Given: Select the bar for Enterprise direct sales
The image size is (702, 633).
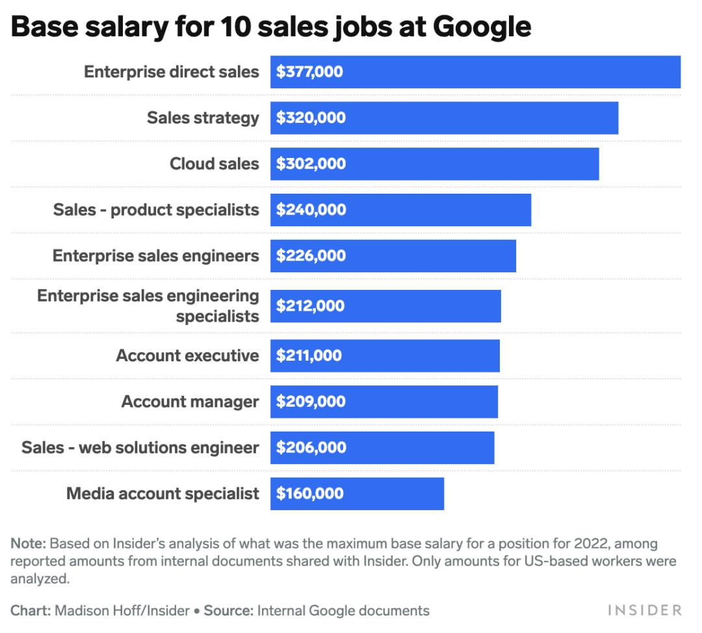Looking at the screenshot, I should coord(475,72).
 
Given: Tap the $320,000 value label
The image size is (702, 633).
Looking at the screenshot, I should coord(311,118).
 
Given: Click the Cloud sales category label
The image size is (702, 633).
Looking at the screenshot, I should coord(214,164).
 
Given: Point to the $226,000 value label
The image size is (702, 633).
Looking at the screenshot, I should coord(311,256).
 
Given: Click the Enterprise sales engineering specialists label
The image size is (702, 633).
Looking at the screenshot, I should coord(148,306).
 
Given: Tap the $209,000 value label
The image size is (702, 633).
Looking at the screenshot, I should coord(311,402).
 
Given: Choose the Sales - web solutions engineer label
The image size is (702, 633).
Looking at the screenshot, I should coord(140,448).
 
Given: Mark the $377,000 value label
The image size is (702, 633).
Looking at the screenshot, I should coord(309,72).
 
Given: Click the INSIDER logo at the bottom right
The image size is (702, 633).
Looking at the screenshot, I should coord(644,610).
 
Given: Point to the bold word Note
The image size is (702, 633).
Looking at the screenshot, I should coord(28,543).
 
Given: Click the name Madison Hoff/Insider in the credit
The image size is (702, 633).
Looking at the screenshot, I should coord(122,611).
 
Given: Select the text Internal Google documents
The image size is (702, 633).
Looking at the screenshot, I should coord(343,611).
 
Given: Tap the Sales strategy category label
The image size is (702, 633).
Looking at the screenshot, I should coord(203,118).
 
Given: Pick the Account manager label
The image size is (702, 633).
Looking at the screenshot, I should coord(190,402).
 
